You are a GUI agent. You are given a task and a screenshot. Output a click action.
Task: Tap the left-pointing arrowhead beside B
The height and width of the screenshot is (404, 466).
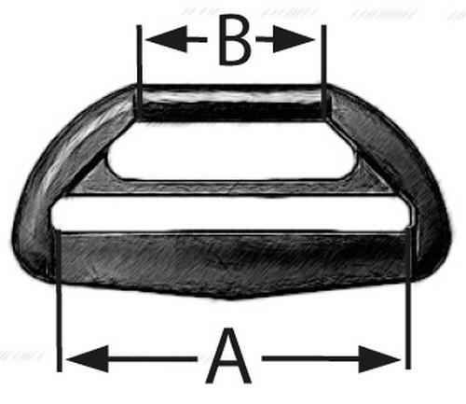click(167, 39)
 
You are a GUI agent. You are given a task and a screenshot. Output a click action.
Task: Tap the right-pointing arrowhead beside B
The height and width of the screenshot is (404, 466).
click(295, 40)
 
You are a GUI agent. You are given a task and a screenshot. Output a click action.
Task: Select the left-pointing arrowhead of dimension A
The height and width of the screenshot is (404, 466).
click(88, 359)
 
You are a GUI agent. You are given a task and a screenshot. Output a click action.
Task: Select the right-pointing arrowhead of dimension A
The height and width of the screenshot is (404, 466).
click(379, 359)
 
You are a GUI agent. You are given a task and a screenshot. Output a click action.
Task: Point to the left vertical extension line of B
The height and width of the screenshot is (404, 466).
click(140, 72)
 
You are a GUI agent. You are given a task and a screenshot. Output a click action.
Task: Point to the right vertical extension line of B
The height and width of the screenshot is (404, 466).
click(323, 72)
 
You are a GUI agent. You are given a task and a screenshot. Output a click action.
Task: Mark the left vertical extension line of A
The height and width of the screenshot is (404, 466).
click(59, 300)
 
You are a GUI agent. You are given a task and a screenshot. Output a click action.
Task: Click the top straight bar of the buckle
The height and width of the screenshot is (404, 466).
click(231, 103)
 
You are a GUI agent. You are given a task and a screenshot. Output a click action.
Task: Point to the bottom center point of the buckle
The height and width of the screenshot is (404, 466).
click(229, 300)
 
